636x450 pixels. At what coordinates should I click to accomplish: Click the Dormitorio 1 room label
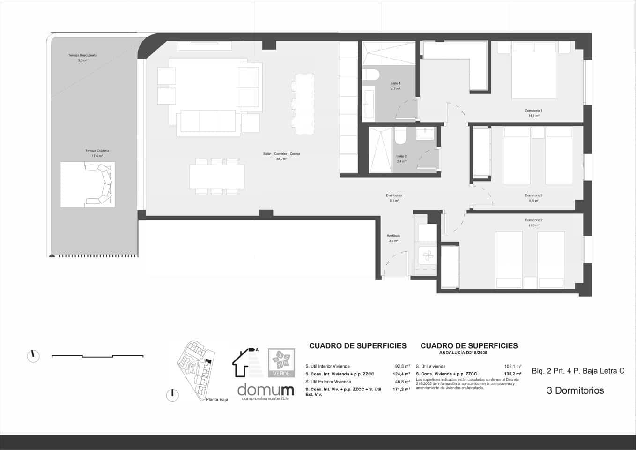533,111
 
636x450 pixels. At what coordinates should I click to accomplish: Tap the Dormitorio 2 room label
533,220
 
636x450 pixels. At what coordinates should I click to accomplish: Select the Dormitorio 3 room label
533,195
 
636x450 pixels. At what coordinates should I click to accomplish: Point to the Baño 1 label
395,83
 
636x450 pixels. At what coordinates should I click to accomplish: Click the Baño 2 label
401,156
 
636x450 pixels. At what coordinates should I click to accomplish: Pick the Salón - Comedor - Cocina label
281,154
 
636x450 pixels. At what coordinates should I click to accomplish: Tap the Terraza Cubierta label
97,151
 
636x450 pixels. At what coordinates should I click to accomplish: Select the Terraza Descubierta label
82,55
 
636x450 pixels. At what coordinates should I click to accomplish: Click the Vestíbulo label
393,236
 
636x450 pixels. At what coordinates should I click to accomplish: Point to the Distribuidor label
394,195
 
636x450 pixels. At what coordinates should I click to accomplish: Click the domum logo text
266,389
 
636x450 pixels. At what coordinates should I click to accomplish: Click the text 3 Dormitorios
575,390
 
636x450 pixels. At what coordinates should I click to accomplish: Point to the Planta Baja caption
217,400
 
